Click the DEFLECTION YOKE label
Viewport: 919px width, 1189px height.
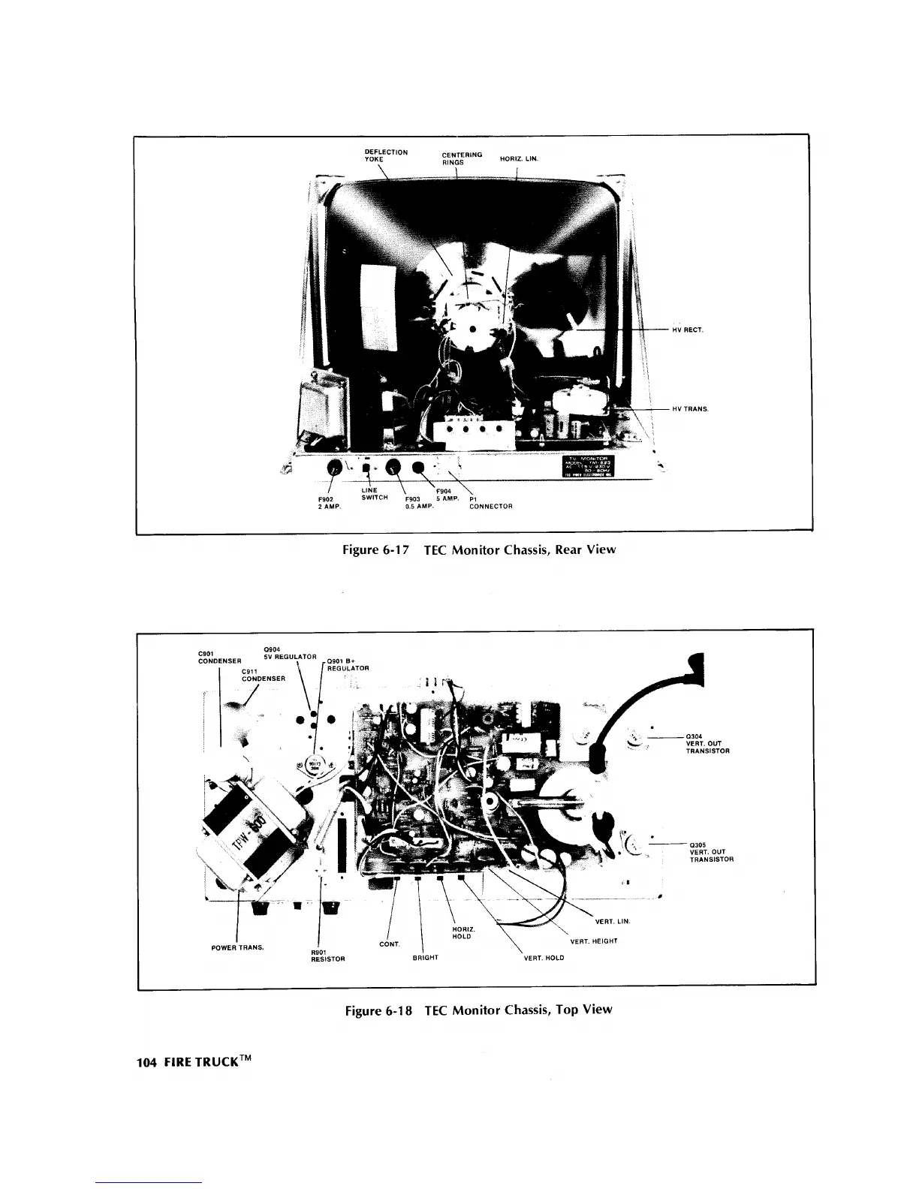(x=385, y=155)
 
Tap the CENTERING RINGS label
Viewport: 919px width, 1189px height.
(x=462, y=158)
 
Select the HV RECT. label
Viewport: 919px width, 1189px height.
(x=687, y=330)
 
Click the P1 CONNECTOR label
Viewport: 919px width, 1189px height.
(x=490, y=502)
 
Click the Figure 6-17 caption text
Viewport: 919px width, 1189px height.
(x=478, y=549)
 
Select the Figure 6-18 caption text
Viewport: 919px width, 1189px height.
(x=478, y=1010)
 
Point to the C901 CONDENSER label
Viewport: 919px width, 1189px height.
(x=218, y=657)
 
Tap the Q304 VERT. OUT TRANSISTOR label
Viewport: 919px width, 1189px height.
(x=707, y=743)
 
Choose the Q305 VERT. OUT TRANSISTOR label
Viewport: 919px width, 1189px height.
(x=710, y=852)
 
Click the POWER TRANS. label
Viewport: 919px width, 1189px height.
(x=237, y=947)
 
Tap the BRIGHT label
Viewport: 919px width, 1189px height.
(x=425, y=958)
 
